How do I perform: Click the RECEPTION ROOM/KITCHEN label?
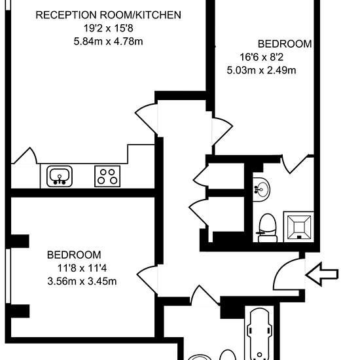click(109, 15)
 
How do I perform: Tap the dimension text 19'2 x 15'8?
click(109, 28)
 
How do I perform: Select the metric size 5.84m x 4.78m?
click(109, 42)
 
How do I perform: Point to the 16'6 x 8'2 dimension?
click(262, 57)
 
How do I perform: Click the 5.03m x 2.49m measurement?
click(262, 70)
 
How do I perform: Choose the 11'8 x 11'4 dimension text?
click(82, 268)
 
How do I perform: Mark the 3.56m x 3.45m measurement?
click(82, 281)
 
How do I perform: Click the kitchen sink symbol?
click(60, 176)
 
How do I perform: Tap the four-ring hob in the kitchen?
click(107, 176)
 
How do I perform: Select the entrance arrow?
click(322, 274)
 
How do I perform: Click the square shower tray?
click(298, 227)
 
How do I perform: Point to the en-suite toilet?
click(268, 228)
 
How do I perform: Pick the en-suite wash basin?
click(261, 189)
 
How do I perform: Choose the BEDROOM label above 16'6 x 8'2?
click(285, 44)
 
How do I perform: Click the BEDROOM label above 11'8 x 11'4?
click(74, 255)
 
